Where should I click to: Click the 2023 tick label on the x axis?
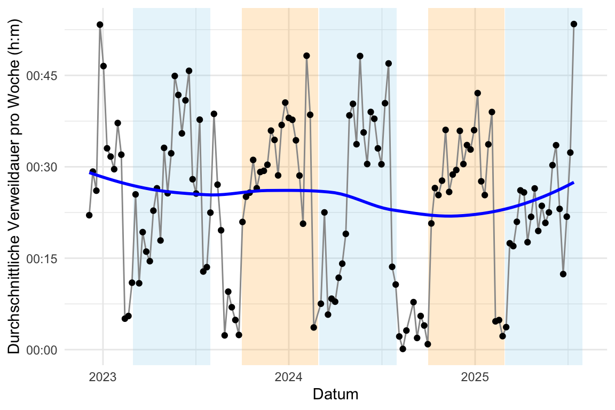point(103,376)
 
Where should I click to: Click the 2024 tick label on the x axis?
point(289,376)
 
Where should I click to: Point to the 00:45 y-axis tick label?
point(45,75)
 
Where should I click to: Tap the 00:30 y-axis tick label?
point(45,167)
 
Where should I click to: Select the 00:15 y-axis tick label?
point(45,258)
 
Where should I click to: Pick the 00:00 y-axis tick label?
point(45,350)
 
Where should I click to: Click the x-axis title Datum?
point(335,395)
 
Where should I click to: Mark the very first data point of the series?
point(89,215)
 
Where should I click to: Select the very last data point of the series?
point(574,24)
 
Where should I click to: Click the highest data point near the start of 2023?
point(100,25)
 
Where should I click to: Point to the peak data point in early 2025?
point(478,93)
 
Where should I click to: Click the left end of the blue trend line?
point(90,172)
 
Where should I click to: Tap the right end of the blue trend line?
point(573,183)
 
